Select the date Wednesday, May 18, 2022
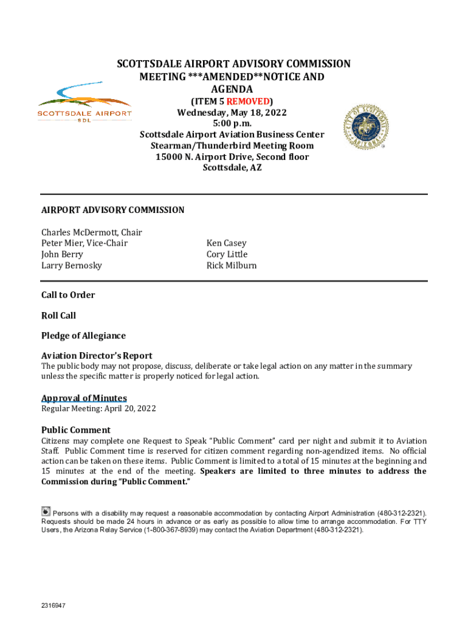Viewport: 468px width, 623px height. pyautogui.click(x=232, y=113)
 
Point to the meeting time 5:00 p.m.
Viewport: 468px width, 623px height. pyautogui.click(x=232, y=124)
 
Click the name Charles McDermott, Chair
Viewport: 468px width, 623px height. pyautogui.click(x=91, y=232)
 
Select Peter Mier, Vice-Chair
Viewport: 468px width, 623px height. pyautogui.click(x=84, y=243)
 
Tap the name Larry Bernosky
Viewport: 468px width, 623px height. pyautogui.click(x=72, y=265)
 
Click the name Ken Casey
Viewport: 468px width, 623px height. pyautogui.click(x=227, y=243)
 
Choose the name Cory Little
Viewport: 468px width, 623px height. pyautogui.click(x=227, y=254)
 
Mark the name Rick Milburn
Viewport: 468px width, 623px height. pyautogui.click(x=232, y=265)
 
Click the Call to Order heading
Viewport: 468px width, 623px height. pyautogui.click(x=68, y=295)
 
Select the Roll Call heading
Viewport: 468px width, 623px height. pyautogui.click(x=58, y=315)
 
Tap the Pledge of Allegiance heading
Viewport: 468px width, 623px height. pyautogui.click(x=83, y=336)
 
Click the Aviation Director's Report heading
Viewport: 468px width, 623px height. pyautogui.click(x=97, y=356)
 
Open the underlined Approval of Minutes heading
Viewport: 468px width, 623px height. pyautogui.click(x=84, y=399)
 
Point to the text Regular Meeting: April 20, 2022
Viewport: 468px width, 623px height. pyautogui.click(x=98, y=409)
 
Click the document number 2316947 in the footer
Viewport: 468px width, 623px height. pyautogui.click(x=53, y=606)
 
